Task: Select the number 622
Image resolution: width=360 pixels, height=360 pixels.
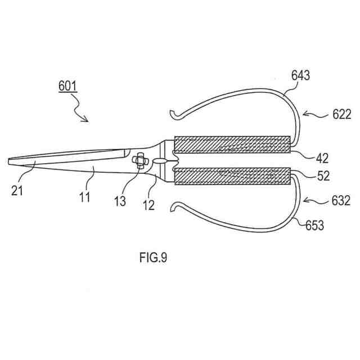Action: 341,115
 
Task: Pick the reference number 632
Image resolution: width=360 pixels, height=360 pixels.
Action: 341,200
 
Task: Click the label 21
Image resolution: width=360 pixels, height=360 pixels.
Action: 17,192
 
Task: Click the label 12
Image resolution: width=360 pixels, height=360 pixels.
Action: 148,205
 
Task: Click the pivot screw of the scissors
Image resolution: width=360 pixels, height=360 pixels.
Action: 139,161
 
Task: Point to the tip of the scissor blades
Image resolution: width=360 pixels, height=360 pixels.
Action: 11,161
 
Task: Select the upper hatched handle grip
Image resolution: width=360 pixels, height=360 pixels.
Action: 232,145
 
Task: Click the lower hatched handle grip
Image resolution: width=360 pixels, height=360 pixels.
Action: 232,177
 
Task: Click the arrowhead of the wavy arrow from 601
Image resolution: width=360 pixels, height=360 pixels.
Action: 87,120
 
